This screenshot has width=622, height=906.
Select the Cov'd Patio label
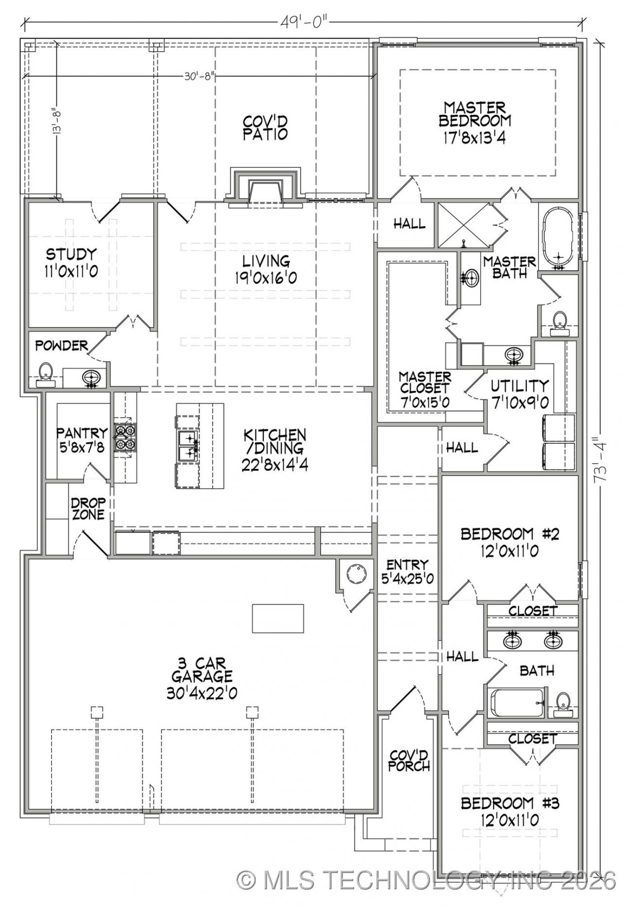(265, 128)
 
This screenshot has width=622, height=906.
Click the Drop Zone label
(88, 509)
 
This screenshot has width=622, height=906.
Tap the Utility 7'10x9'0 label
(519, 394)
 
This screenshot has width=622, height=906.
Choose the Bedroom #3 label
(510, 812)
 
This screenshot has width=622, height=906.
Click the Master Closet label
(424, 389)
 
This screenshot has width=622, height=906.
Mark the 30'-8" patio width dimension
(199, 76)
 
